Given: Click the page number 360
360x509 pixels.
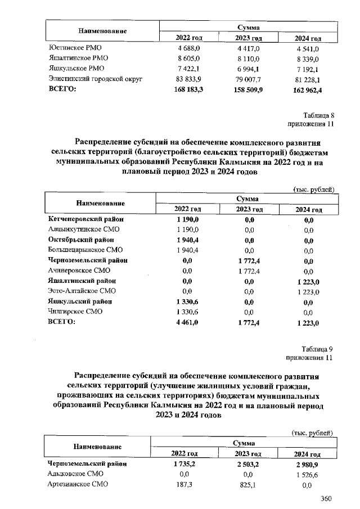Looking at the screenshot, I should point(326,498).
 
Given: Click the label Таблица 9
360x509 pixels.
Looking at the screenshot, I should point(318,349).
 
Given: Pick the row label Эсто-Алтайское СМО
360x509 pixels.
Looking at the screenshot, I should point(82,291).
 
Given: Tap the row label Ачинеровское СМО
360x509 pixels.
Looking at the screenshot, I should point(81,271).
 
